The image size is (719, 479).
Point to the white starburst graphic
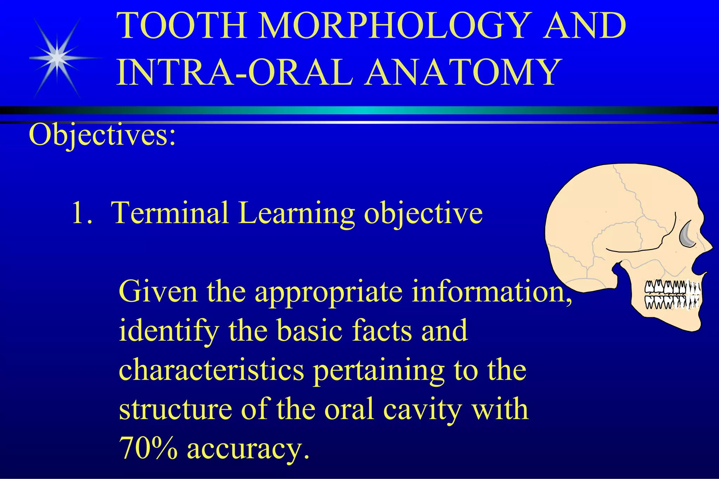[x=57, y=58]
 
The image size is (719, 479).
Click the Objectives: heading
[x=102, y=135]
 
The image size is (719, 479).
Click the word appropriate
[x=328, y=292]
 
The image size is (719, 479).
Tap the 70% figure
[x=148, y=448]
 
